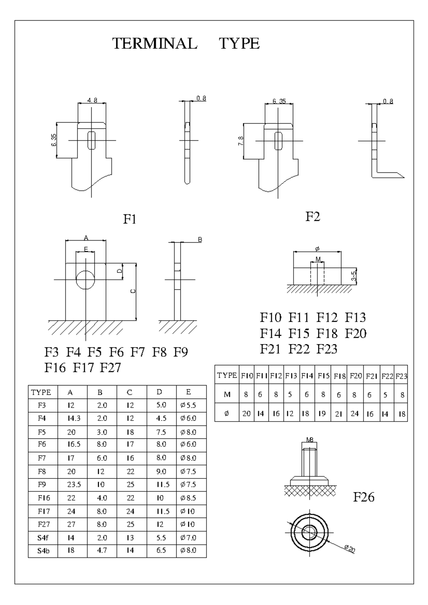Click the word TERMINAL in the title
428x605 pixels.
(155, 43)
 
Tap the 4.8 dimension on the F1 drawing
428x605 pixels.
(92, 100)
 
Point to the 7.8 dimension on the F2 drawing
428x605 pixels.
(241, 141)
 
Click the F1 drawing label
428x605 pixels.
(130, 219)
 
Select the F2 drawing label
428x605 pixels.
(313, 216)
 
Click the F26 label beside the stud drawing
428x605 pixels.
(364, 497)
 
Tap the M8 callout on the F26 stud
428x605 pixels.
(310, 440)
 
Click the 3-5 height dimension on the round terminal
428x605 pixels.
(354, 276)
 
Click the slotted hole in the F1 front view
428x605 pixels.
(92, 140)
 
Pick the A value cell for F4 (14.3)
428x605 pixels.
(74, 418)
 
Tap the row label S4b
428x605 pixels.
(43, 550)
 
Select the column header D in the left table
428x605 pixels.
(159, 392)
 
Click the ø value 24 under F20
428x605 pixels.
(355, 414)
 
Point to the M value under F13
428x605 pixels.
(290, 394)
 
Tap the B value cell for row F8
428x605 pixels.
(101, 471)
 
